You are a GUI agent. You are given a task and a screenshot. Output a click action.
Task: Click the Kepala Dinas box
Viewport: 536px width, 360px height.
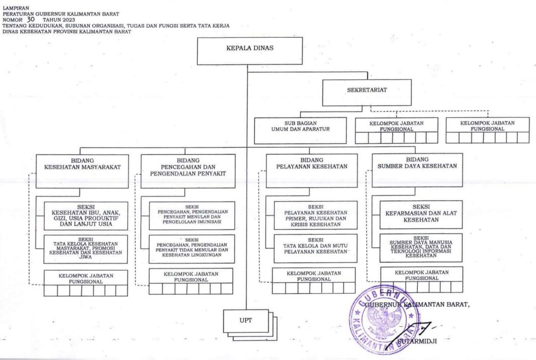click(x=250, y=51)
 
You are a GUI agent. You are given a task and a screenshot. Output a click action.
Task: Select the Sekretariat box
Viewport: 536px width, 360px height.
click(x=367, y=93)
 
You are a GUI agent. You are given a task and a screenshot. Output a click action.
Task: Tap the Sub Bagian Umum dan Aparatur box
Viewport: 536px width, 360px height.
click(x=301, y=131)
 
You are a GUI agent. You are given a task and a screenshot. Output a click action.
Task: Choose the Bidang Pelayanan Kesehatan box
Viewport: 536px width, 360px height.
click(x=312, y=170)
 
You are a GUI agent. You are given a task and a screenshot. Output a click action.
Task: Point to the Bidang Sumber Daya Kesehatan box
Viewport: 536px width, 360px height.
click(x=417, y=170)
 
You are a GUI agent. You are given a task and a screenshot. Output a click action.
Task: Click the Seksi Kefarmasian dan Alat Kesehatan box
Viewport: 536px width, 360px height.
click(x=421, y=215)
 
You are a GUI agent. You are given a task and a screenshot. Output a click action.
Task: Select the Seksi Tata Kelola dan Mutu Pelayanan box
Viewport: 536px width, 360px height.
click(x=315, y=248)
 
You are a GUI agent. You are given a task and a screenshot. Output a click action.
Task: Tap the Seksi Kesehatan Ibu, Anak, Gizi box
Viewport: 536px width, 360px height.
click(x=86, y=216)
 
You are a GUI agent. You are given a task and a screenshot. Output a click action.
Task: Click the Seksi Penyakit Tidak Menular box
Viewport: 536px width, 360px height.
click(x=192, y=249)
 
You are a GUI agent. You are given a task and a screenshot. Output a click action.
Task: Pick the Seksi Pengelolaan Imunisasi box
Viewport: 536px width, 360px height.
click(x=192, y=215)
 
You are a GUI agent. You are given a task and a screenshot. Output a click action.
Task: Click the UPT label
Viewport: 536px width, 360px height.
click(x=246, y=320)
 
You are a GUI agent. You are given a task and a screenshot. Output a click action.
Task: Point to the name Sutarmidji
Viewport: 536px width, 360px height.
click(x=417, y=341)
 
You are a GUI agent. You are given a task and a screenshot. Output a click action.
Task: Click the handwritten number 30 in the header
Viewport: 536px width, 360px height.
click(x=31, y=20)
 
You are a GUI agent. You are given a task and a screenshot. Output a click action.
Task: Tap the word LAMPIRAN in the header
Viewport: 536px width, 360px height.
click(x=16, y=8)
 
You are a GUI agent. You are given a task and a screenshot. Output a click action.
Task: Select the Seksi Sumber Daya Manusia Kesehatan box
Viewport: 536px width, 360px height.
click(x=421, y=248)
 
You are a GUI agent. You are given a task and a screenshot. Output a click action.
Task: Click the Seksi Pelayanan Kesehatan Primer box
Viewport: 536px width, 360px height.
click(x=315, y=215)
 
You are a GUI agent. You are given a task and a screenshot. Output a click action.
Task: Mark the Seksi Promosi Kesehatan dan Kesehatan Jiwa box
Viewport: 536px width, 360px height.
click(x=85, y=249)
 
